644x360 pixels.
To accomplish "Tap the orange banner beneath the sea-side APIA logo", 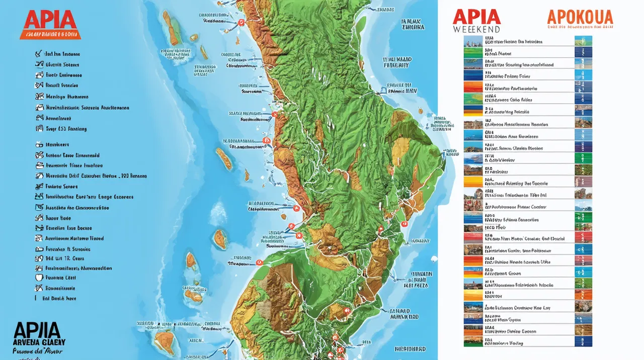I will pyautogui.click(x=49, y=35).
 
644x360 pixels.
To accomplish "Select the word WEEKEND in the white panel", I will pyautogui.click(x=476, y=29).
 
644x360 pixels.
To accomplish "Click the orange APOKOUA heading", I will pyautogui.click(x=580, y=17).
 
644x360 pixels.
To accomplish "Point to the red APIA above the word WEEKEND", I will pyautogui.click(x=476, y=16).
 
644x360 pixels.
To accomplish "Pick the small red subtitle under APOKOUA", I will pyautogui.click(x=580, y=29).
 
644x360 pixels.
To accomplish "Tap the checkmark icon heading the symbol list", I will pyautogui.click(x=38, y=53).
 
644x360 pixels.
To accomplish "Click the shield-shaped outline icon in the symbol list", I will pyautogui.click(x=39, y=278).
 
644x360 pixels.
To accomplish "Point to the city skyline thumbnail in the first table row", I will pyautogui.click(x=472, y=41).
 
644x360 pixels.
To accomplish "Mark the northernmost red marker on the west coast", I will pyautogui.click(x=241, y=22).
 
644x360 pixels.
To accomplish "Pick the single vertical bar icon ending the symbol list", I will pyautogui.click(x=36, y=298).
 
